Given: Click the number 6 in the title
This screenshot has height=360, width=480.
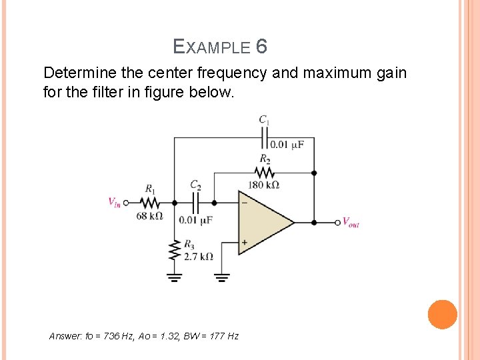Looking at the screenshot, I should point(261,47).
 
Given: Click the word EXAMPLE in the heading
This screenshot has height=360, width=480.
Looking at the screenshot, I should point(211,47).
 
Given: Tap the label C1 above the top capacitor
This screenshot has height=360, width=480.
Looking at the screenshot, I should point(265,120).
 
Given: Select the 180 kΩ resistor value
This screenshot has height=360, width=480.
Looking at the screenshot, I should point(263,185).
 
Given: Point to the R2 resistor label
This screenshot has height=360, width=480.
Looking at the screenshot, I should point(265,159).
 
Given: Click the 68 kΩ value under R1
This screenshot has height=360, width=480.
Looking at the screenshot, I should point(149,216).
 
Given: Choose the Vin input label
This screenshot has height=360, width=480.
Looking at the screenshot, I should point(115,202).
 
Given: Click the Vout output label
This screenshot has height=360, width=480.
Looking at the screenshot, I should point(351,223).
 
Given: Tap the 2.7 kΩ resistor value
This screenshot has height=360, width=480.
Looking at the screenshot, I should point(199,257).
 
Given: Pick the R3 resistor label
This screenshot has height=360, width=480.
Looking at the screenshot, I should point(189,244).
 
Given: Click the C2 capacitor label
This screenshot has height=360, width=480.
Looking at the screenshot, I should point(195,185).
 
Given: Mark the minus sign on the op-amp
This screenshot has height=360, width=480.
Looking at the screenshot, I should point(244,202).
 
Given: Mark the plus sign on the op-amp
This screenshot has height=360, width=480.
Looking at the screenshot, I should point(244,243).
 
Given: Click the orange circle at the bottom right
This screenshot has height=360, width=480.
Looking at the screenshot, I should point(442,315).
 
